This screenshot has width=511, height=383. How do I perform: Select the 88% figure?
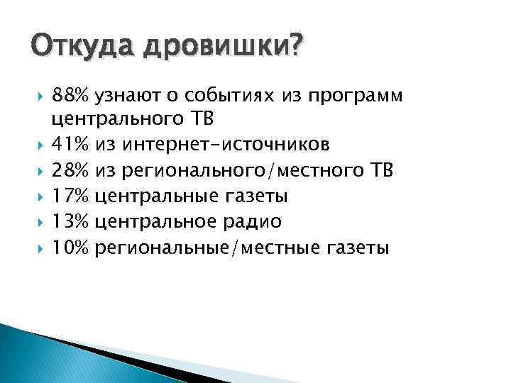[x=71, y=94]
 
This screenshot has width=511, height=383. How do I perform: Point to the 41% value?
[x=71, y=145]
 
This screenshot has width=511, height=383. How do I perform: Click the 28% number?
[x=71, y=171]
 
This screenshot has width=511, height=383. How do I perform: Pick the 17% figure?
[x=71, y=196]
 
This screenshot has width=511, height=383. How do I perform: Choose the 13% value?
[x=71, y=222]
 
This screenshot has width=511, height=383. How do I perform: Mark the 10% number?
[x=71, y=248]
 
